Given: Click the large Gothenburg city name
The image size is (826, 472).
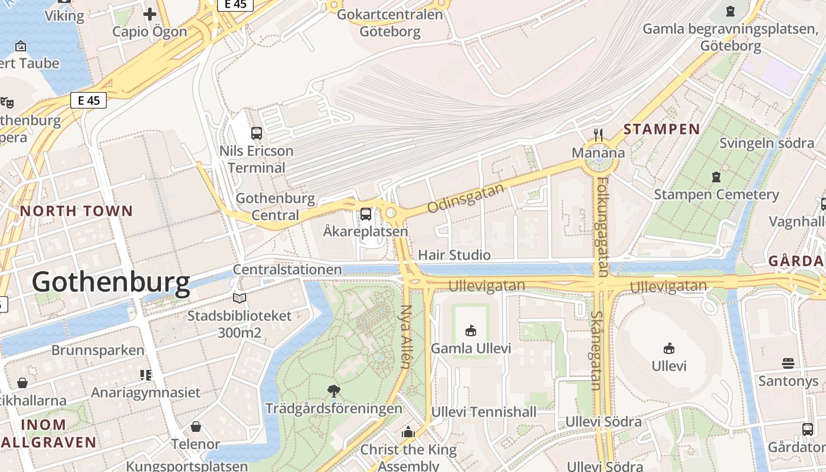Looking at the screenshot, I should coord(111,283).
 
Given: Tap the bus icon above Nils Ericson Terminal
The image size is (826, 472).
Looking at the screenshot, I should coord(257,133).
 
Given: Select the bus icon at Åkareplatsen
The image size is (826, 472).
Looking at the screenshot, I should coord(366,214).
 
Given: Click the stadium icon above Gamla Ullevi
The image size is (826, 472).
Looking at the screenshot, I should coord(470,331).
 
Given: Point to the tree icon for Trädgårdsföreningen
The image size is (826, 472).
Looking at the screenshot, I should coord(333,391).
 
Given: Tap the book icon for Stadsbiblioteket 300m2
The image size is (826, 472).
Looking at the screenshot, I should coord(239,299).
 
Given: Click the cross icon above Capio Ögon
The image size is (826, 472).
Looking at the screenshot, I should coord(150,14).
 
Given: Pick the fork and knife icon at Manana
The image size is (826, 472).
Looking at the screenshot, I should coord(598,135).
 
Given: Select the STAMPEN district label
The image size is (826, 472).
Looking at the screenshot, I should coord(661,129).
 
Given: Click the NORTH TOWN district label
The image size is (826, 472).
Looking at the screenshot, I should coord(77,211).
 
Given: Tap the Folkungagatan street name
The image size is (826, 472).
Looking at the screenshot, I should coord(602,227).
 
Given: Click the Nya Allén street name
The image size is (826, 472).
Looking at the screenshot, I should coord(405,336).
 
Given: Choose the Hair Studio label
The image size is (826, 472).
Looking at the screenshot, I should coord(454,255).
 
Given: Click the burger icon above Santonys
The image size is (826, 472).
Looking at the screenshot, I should coord(788,363).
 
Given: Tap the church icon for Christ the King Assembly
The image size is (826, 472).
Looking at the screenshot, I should coord(408,432).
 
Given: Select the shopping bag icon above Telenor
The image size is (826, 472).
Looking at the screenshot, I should coord(196,427).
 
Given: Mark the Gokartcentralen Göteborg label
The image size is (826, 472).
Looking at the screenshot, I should coord(389,22).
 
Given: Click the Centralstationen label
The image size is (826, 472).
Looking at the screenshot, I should coord(287,270).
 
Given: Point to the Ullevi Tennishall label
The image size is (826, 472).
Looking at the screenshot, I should coord(484,412).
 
